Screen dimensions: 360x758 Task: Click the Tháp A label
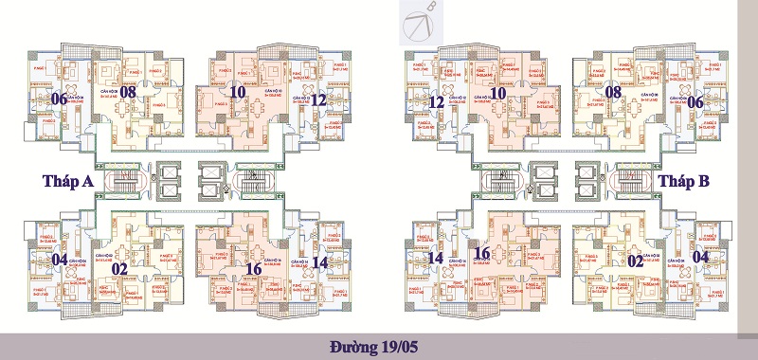67,181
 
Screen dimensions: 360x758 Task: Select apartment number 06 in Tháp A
59,99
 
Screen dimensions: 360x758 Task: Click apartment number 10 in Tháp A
239,92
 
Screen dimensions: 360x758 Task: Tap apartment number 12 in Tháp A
319,99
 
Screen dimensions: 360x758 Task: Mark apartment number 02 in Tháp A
120,268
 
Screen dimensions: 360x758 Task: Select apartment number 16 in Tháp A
253,268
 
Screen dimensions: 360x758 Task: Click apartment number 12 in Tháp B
437,101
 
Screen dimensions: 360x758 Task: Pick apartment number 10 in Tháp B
497,92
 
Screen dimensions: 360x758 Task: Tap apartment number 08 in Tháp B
614,92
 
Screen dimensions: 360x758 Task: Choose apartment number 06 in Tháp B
695,101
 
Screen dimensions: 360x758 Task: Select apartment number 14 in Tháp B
436,259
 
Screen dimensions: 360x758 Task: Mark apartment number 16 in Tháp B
481,253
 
